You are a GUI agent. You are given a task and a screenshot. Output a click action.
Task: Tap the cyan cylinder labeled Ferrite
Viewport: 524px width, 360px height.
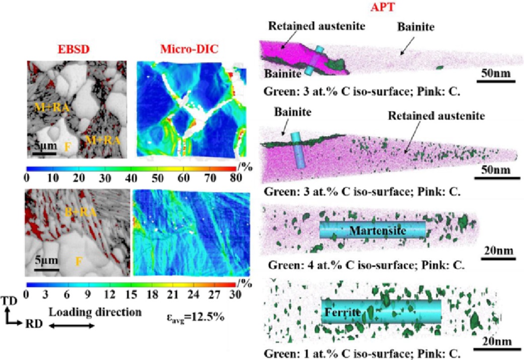coord(381,312)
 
